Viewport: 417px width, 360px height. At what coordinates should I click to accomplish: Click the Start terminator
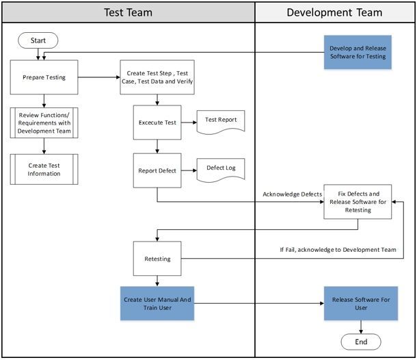[x=38, y=40]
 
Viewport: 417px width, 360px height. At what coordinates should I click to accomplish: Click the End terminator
[x=361, y=342]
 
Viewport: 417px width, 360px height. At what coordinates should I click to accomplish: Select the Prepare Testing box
[x=44, y=77]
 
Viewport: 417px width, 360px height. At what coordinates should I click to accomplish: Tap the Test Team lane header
[x=129, y=12]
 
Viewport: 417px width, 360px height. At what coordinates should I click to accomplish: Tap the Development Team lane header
[x=335, y=12]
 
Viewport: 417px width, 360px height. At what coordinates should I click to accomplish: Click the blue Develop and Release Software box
[x=358, y=52]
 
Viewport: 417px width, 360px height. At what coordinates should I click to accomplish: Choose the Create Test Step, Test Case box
[x=157, y=77]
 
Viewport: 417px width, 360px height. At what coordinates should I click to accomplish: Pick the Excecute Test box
[x=158, y=123]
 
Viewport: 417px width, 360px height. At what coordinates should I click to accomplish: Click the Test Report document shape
[x=221, y=121]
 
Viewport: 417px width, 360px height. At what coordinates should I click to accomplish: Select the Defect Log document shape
[x=221, y=168]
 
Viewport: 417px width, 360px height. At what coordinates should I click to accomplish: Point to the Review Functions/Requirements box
[x=44, y=122]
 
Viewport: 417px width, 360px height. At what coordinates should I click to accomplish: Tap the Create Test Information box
[x=44, y=168]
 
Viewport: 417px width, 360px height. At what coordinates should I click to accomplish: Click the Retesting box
[x=158, y=259]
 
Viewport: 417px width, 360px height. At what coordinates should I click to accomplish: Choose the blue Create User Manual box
[x=158, y=303]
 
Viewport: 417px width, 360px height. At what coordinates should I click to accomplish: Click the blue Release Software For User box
[x=358, y=303]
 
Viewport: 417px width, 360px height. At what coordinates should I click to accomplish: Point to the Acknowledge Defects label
[x=293, y=194]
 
